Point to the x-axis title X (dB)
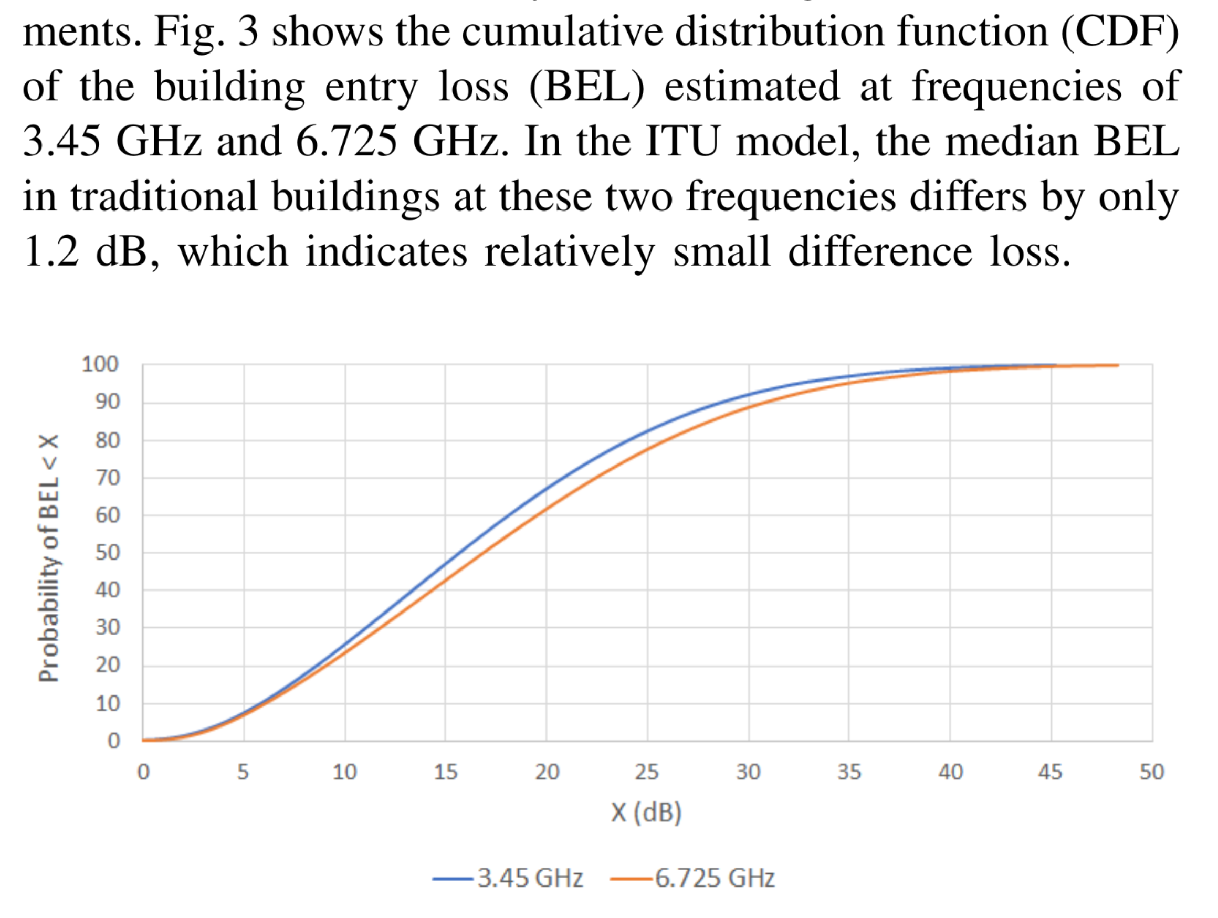[646, 813]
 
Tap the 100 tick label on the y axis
[100, 364]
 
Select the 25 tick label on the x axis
[646, 772]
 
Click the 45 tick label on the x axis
[1050, 772]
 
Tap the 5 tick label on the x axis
[243, 772]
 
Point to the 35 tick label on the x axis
[848, 772]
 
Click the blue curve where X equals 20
[546, 488]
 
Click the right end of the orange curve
[1118, 365]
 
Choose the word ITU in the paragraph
[681, 141]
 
